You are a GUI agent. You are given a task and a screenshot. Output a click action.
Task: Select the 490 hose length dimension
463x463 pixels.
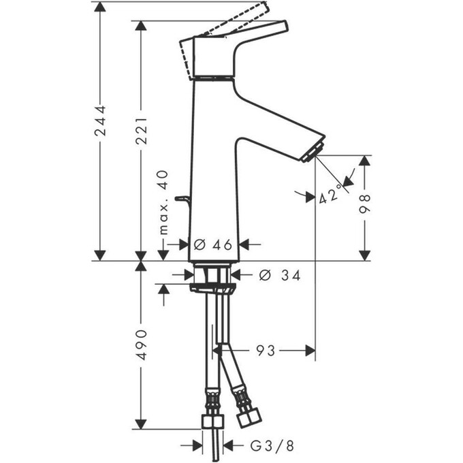(x=140, y=345)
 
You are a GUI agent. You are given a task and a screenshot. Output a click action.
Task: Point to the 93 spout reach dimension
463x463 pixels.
(x=266, y=351)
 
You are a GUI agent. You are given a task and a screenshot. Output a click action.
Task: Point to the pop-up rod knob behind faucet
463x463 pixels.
(x=181, y=199)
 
